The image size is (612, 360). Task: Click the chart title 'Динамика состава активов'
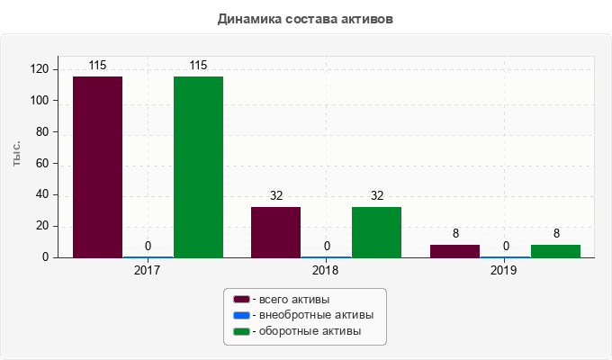306,18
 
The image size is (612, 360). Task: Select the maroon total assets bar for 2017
97,166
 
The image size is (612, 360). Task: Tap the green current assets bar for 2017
198,166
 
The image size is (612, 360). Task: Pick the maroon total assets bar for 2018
275,232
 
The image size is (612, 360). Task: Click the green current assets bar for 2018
376,232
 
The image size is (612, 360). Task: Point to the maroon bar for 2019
454,251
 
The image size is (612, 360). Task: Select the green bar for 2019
555,251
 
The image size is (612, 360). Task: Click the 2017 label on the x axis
148,269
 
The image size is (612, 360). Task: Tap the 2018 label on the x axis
326,269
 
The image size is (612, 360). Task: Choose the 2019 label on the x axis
505,269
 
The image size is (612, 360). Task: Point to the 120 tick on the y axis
40,69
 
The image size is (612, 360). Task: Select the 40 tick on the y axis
42,194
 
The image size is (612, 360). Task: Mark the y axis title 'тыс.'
17,154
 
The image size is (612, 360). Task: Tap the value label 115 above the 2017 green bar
198,65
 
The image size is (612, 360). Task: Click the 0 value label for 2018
326,246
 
